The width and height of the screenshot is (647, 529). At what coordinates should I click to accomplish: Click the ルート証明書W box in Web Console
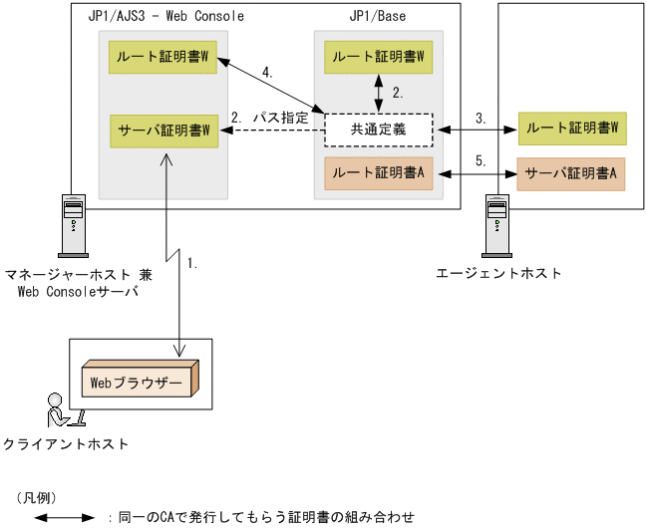163,57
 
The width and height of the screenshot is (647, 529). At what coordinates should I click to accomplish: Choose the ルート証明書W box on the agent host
571,128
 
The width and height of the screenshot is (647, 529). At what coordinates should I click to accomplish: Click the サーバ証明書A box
570,172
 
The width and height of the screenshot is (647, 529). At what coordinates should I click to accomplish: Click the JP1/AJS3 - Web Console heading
165,17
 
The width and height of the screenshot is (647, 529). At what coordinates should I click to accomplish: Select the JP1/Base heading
378,17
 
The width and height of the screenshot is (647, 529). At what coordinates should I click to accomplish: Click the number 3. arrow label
481,118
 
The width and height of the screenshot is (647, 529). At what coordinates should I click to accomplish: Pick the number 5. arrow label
480,160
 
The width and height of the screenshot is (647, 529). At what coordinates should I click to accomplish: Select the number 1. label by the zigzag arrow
193,264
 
